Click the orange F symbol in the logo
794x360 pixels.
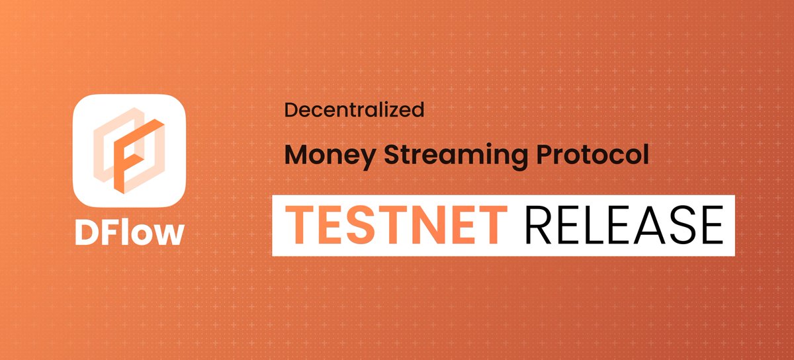coord(129,150)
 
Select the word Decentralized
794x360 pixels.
coord(354,111)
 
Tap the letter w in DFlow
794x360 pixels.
coord(168,234)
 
